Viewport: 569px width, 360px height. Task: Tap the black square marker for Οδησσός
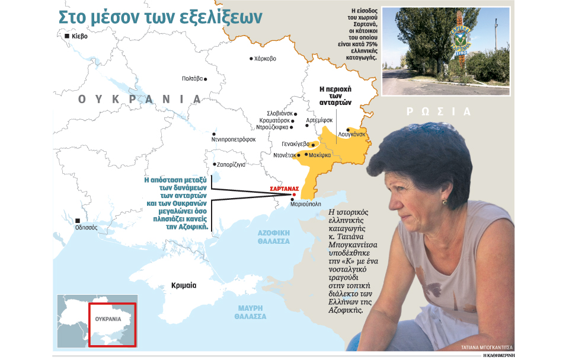pyautogui.click(x=78, y=221)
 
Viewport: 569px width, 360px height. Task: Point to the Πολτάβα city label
pyautogui.click(x=192, y=79)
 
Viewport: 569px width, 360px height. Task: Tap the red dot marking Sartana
pyautogui.click(x=294, y=194)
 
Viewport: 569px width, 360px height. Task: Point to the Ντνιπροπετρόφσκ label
pyautogui.click(x=233, y=139)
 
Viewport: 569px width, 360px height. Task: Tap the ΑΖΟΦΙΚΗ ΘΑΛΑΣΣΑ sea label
pyautogui.click(x=273, y=238)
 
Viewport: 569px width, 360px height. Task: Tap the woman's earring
pyautogui.click(x=445, y=203)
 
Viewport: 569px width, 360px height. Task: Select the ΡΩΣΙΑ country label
pyautogui.click(x=438, y=111)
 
